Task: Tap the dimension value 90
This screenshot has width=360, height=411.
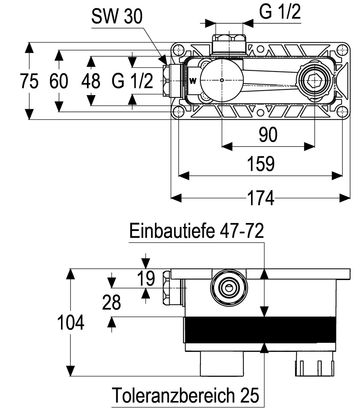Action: coord(268,135)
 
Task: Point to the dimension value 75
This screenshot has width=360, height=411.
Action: coord(29,81)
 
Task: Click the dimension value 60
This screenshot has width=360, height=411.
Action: coord(59,81)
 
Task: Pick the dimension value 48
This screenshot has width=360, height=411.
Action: coord(91,81)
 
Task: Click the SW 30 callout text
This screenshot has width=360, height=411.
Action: coord(117,16)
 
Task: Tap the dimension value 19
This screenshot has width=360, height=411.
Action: coord(146,279)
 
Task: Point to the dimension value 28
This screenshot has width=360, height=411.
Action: coord(112,303)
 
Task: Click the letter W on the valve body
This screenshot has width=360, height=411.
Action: coord(193,81)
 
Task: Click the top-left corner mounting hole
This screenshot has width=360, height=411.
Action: coord(178,50)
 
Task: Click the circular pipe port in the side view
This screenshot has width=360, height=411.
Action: coord(229,288)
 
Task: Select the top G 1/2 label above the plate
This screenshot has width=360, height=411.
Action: coord(280,12)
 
